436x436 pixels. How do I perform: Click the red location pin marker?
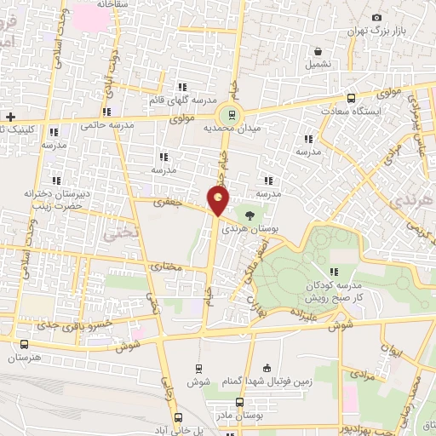[219, 200]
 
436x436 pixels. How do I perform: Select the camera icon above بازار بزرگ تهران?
[376, 17]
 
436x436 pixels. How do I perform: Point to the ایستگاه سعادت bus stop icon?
[352, 97]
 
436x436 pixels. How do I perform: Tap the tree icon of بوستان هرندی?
[250, 217]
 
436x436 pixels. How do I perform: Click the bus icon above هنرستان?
[23, 345]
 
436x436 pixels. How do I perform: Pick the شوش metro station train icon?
[198, 369]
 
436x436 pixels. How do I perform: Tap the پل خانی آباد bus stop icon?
[178, 417]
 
